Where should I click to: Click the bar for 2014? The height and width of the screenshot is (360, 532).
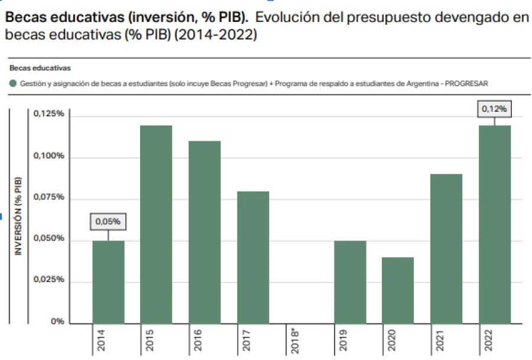108,282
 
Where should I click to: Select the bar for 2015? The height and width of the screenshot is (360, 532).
156,225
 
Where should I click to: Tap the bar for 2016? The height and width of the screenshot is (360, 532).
205,232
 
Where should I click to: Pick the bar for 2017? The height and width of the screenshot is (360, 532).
253,257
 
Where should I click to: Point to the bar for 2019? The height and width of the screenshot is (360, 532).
350,282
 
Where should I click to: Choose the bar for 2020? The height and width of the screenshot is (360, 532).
398,290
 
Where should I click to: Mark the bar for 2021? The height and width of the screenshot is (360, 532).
446,249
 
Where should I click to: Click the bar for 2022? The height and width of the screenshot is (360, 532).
495,225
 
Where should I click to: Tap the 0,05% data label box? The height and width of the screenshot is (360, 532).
108,222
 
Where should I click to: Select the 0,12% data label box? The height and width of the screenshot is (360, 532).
495,109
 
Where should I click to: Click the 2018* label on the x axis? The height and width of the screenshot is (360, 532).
297,341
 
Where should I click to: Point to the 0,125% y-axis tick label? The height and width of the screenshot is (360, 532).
48,113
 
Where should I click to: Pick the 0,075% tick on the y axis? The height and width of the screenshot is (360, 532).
48,197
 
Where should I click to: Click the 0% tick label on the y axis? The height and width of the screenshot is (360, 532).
57,322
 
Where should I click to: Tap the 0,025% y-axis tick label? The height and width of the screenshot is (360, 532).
48,280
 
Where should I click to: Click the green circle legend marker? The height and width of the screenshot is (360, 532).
13,84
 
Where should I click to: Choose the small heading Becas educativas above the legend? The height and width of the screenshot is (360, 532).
40,68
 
